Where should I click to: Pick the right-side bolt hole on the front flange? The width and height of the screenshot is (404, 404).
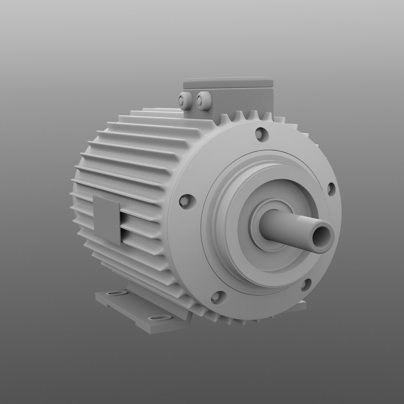[330, 189]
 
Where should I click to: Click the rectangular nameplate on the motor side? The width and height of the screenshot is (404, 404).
[107, 220]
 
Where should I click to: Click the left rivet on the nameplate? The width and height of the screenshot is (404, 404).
[95, 218]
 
